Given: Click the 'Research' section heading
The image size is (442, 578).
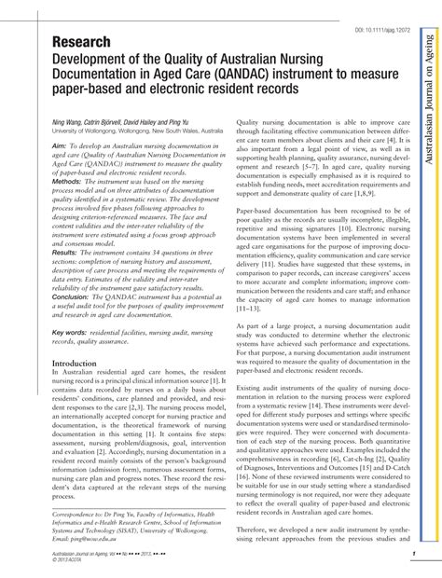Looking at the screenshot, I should coord(83,43).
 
